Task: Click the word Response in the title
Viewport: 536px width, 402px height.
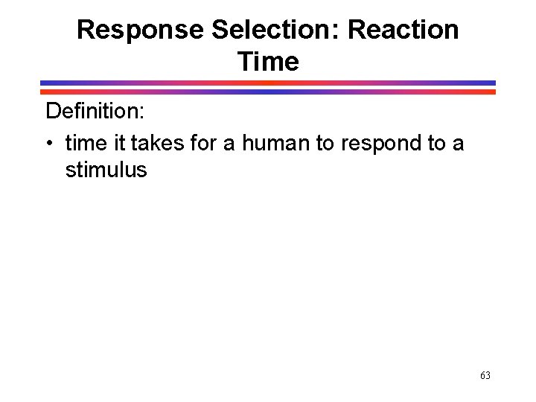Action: pos(140,31)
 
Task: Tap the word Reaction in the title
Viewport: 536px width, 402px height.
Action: pos(403,31)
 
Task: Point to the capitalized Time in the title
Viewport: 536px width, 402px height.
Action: pos(268,61)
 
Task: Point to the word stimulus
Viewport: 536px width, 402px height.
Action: pos(106,170)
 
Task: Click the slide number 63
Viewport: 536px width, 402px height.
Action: pos(485,376)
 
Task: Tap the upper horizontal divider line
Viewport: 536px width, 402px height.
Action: pos(268,83)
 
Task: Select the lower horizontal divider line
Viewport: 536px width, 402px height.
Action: pos(268,92)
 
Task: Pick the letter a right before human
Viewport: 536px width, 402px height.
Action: pos(232,142)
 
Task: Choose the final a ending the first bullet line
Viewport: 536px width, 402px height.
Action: pos(457,142)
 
